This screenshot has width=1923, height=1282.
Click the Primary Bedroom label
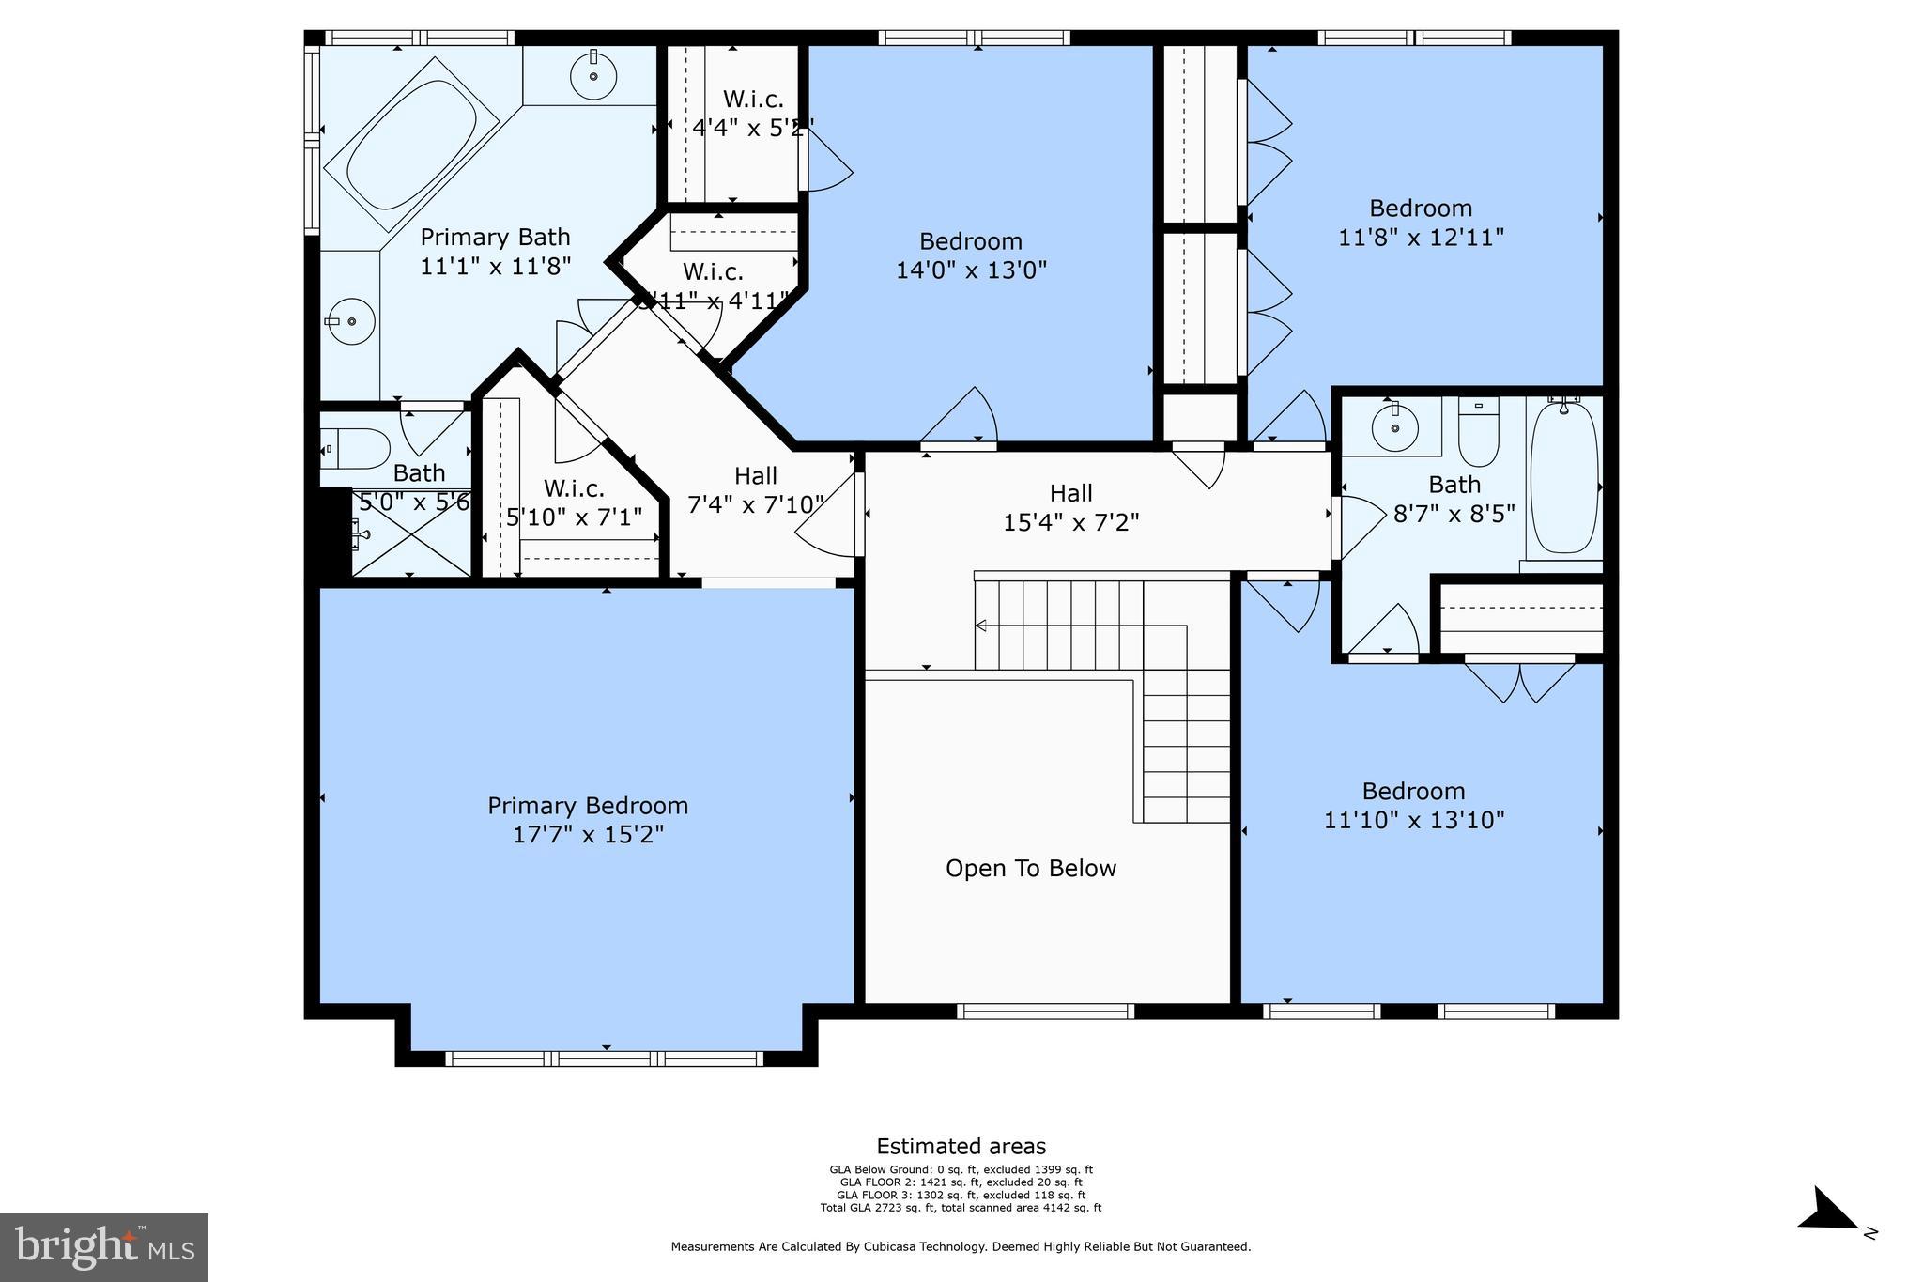pos(588,806)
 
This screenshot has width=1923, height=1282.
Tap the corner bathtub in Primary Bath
pos(410,146)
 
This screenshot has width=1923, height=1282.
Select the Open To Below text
pos(1031,869)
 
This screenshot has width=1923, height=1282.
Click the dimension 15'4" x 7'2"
pos(1070,523)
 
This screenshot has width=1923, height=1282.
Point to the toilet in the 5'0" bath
pos(357,449)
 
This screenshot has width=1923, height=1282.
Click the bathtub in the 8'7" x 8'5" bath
pos(1563,477)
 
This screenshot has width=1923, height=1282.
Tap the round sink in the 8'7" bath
pos(1394,428)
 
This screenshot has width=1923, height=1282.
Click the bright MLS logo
pos(104,1247)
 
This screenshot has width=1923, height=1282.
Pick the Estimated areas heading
pos(961,1146)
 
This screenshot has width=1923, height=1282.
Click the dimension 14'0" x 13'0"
pos(971,270)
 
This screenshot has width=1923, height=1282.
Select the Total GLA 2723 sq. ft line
pos(961,1208)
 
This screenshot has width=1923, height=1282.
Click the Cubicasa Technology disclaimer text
pos(961,1247)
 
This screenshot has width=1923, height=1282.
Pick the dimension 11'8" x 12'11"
pos(1421,238)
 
